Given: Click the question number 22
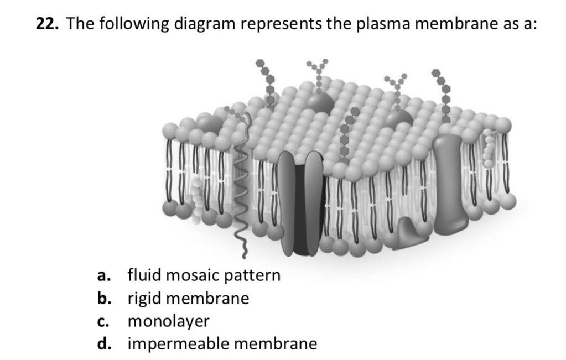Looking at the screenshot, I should coord(48,25).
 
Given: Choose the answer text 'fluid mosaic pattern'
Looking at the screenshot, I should coord(204,275).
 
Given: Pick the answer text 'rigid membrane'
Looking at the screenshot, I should coord(188,299).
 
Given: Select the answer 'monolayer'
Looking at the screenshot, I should coord(169,321).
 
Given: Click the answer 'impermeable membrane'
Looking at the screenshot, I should coord(222,344).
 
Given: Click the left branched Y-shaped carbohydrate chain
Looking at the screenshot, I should coord(319,75).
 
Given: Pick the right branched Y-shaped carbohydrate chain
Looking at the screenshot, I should coord(397,88).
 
